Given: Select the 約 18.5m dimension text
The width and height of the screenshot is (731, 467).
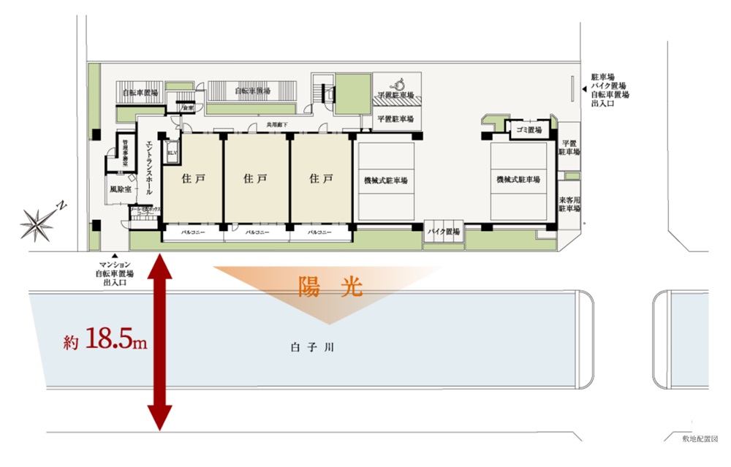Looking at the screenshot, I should (x=105, y=340).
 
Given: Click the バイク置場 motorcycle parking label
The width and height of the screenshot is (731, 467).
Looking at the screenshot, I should (x=444, y=232).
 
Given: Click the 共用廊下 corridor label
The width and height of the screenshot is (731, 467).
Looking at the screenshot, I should (x=276, y=125).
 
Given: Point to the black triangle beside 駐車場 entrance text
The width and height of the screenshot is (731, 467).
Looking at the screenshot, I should (x=583, y=89).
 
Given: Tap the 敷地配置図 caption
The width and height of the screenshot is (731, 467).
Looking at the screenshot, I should (x=700, y=438).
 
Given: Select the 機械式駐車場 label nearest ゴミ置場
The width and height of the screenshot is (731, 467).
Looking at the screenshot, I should (x=518, y=180).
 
